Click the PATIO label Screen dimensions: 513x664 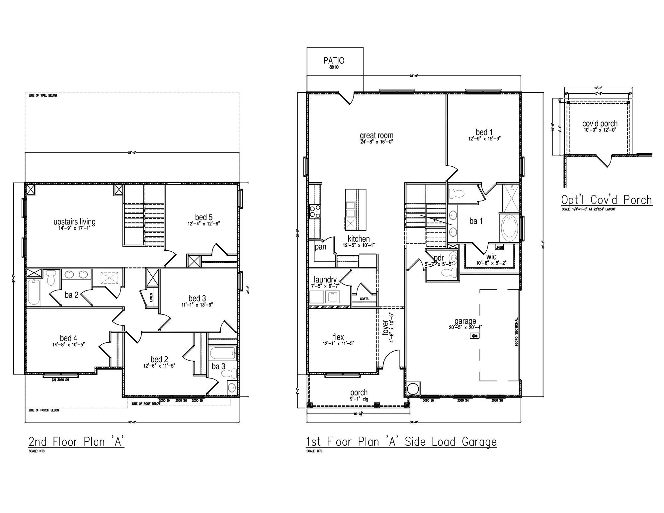334,61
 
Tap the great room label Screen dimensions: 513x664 376,135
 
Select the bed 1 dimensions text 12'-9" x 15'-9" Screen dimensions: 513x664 484,139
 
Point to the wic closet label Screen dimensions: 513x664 491,257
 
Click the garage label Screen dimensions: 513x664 465,321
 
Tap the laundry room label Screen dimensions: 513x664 325,280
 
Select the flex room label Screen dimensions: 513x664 338,337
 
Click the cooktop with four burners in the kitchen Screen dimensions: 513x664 315,212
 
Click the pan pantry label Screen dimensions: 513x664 320,247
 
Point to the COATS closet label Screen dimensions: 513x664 364,299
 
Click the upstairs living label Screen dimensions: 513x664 74,221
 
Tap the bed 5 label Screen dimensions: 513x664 204,217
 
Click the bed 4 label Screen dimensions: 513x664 68,338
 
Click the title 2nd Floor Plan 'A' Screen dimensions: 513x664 76,442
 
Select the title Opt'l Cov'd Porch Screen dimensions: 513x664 606,200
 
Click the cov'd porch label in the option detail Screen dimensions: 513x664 600,124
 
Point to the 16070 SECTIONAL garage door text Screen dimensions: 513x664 517,332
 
